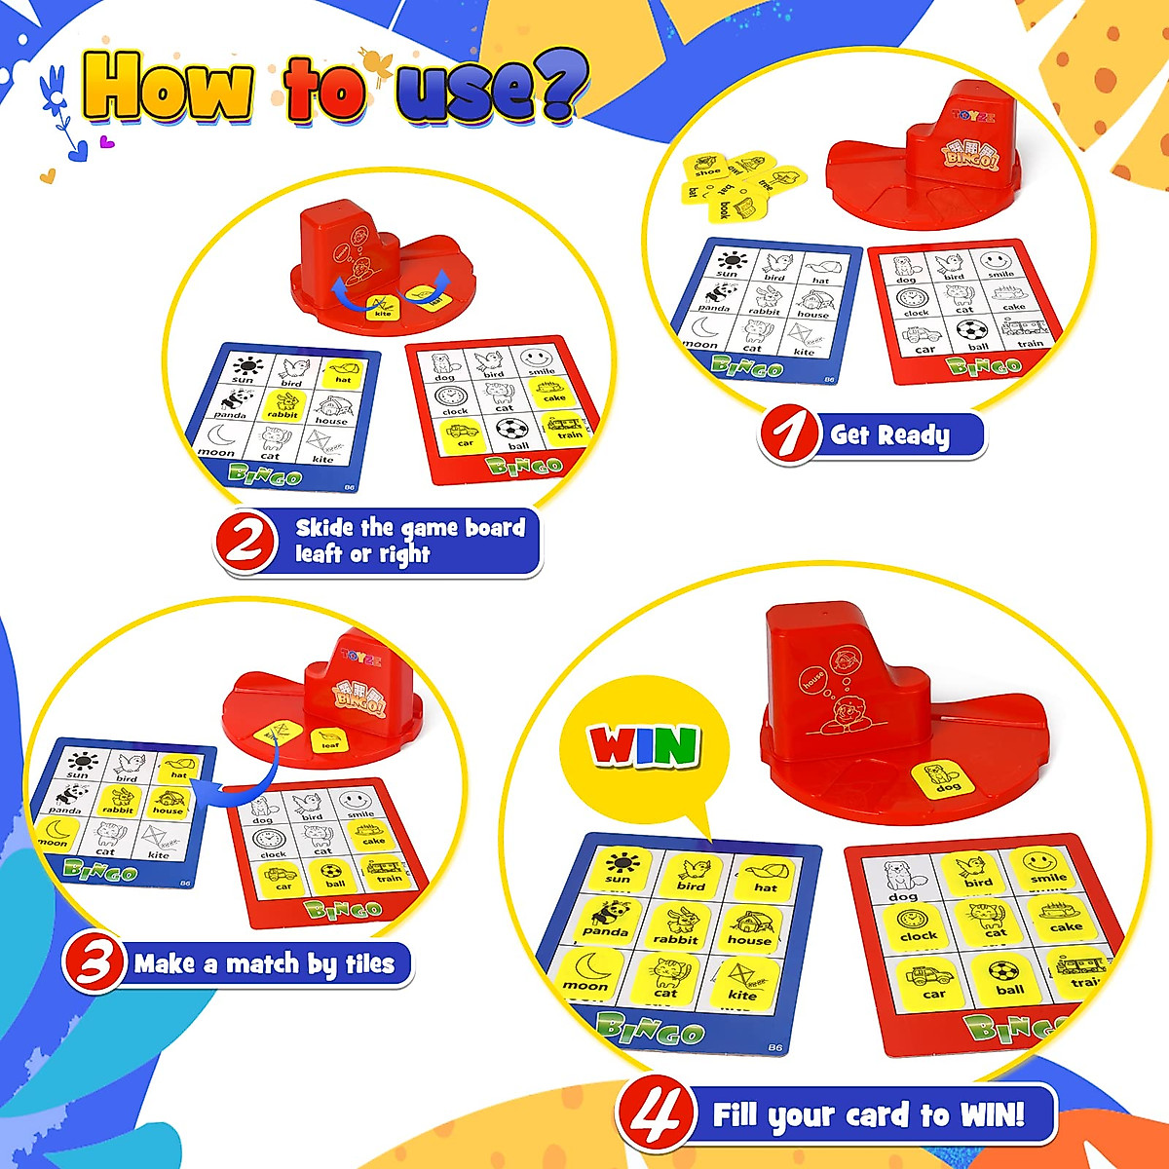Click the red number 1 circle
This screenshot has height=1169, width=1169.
click(x=789, y=434)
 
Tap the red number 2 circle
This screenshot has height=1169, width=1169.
click(x=244, y=542)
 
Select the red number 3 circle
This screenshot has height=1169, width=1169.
click(x=94, y=963)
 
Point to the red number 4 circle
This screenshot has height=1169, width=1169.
click(x=655, y=1114)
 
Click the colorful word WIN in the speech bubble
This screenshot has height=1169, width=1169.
click(x=644, y=747)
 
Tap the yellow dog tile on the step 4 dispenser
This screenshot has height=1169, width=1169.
click(x=942, y=779)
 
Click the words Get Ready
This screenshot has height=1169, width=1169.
click(x=889, y=434)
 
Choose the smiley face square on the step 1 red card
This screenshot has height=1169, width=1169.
click(x=996, y=264)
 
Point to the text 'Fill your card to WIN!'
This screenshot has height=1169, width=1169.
click(x=868, y=1114)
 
